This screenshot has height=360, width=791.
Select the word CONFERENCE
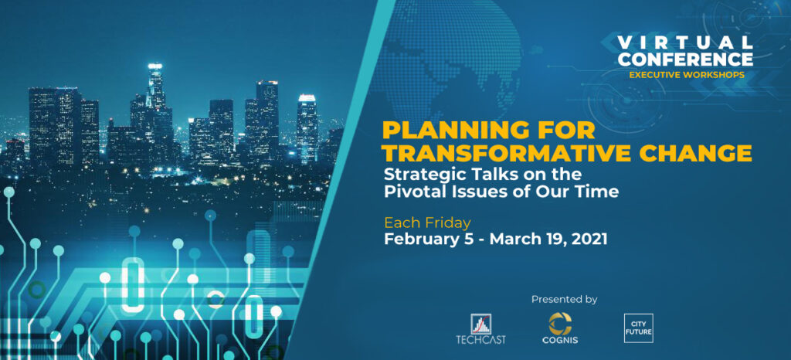pyautogui.click(x=686, y=59)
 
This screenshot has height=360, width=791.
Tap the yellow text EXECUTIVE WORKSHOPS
pyautogui.click(x=686, y=75)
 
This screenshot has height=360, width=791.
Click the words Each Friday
pyautogui.click(x=427, y=222)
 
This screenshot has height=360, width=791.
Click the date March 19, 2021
pyautogui.click(x=548, y=239)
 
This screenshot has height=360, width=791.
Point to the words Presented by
pyautogui.click(x=564, y=300)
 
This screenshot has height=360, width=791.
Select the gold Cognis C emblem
pyautogui.click(x=559, y=323)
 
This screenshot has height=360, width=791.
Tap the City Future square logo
pyautogui.click(x=638, y=328)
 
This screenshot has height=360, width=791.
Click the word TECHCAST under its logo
pyautogui.click(x=481, y=340)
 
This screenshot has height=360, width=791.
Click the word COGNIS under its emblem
pyautogui.click(x=559, y=341)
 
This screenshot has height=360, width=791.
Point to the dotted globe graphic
pyautogui.click(x=449, y=60)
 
